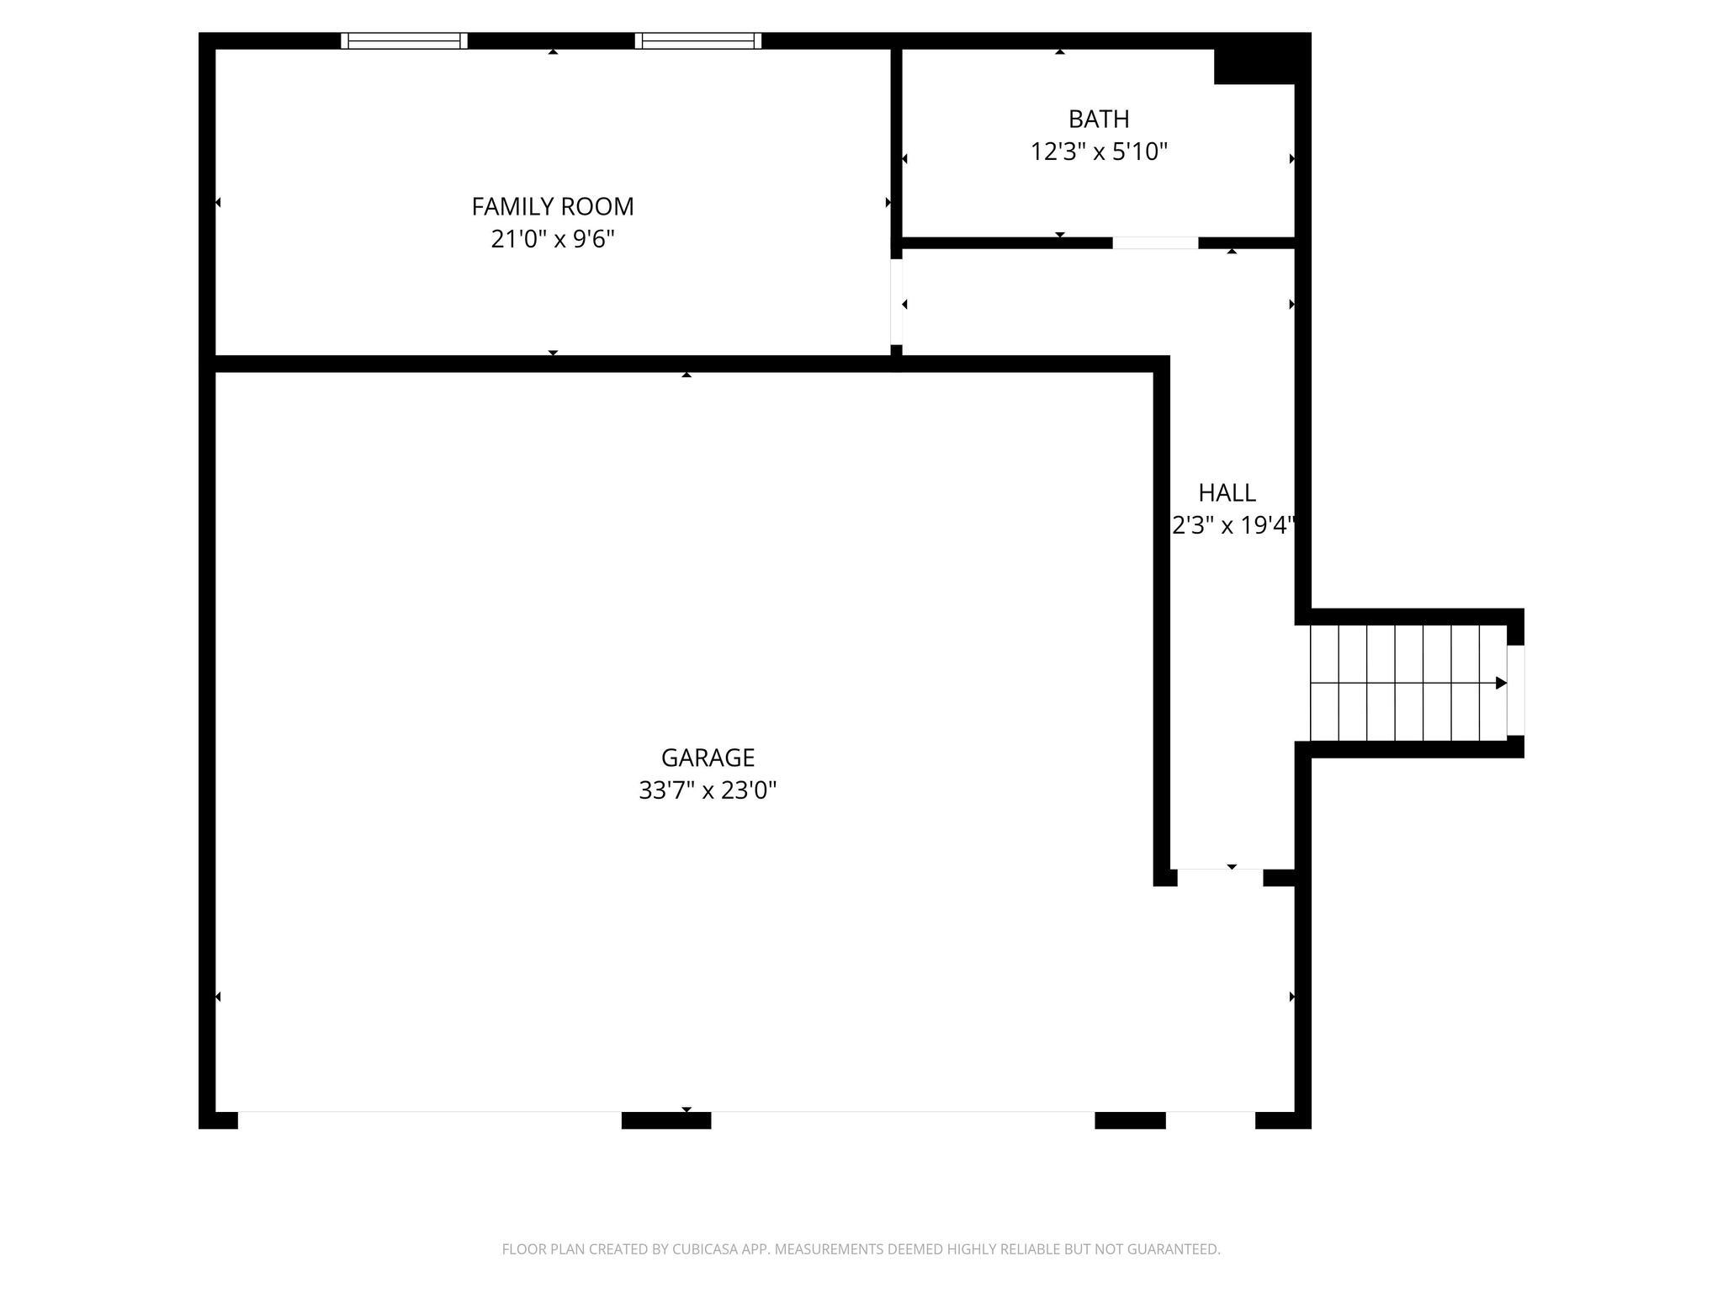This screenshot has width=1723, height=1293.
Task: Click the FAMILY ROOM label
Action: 552,206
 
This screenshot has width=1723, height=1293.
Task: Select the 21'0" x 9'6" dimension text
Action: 552,240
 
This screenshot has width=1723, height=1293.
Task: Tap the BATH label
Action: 1099,119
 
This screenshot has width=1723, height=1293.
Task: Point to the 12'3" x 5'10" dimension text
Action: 1099,152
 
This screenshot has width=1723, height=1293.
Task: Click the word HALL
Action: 1227,492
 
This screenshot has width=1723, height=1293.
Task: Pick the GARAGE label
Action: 708,758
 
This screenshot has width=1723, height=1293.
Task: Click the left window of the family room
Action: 404,40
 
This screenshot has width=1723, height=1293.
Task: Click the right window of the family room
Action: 698,40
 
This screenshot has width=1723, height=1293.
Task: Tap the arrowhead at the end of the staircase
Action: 1500,683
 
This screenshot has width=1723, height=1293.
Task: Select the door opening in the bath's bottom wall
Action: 1155,243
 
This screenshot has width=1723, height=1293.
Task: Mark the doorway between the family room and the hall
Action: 897,301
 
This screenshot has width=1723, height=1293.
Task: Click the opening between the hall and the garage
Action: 1220,877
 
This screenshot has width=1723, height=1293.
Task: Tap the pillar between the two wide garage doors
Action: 666,1120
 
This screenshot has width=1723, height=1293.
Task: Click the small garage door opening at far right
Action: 1211,1120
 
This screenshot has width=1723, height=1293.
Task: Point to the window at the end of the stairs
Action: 1515,690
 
